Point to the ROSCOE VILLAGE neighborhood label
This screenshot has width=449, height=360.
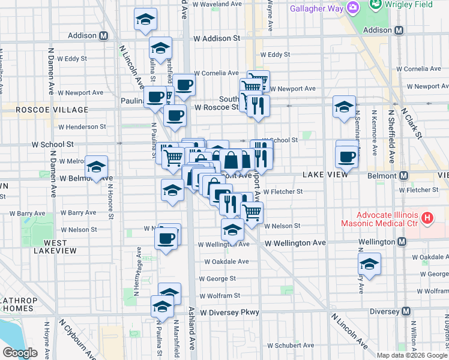pyautogui.click(x=46, y=110)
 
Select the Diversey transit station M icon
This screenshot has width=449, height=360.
pyautogui.click(x=406, y=311)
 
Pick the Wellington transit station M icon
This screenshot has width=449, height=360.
pyautogui.click(x=402, y=242)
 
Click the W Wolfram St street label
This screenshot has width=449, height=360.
pyautogui.click(x=220, y=296)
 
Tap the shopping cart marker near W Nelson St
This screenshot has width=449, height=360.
pyautogui.click(x=252, y=212)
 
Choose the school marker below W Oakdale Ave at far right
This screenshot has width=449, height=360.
pyautogui.click(x=369, y=264)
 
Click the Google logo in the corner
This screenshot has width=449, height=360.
pyautogui.click(x=20, y=353)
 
